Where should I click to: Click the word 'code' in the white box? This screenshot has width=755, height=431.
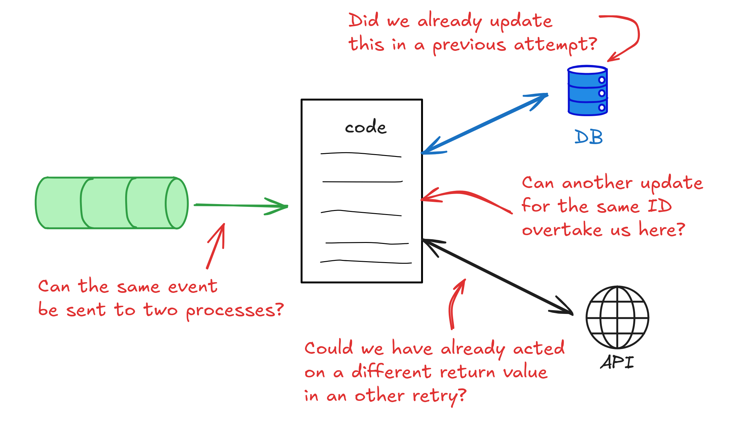pos(366,127)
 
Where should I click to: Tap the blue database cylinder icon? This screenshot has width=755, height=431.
pos(587,91)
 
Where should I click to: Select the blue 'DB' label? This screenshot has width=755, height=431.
pos(588,137)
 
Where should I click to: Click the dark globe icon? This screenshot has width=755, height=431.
pos(617,317)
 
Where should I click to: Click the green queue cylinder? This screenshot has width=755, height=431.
pos(111,203)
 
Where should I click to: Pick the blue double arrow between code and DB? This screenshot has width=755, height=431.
pos(485,123)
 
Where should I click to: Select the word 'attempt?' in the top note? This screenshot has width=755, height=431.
pos(555,45)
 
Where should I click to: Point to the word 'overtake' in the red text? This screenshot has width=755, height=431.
pos(562,230)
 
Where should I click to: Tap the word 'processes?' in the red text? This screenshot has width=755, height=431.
pos(235,311)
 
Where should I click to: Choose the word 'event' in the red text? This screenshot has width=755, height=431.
pos(192,287)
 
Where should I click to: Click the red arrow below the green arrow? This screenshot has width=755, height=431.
pos(216,246)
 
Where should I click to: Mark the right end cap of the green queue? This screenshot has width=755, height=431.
pos(177,203)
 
